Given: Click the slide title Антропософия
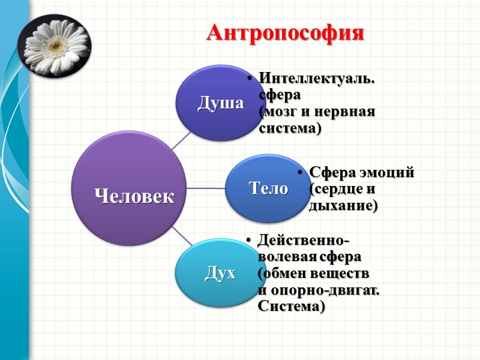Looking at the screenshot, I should point(285,32).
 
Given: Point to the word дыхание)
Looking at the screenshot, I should point(343,206).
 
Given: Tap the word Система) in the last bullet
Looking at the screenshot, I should point(291,307).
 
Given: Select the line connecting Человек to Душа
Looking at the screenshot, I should point(182,140).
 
